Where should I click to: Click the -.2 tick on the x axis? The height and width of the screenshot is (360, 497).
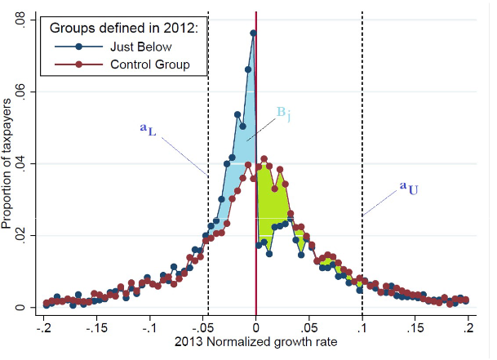45,327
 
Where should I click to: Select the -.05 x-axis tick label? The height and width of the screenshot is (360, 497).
203,327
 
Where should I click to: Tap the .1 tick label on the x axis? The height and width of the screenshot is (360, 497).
362,327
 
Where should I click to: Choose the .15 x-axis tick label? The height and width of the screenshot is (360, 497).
415,327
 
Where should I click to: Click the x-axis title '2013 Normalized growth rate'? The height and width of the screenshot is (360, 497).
256,344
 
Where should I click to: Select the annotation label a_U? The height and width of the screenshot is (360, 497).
409,189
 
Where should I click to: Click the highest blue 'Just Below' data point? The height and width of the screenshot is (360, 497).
253,33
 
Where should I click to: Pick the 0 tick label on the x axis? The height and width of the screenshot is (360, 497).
256,327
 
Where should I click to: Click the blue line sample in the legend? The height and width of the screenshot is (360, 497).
78,46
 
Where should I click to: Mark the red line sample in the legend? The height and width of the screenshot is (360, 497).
78,64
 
